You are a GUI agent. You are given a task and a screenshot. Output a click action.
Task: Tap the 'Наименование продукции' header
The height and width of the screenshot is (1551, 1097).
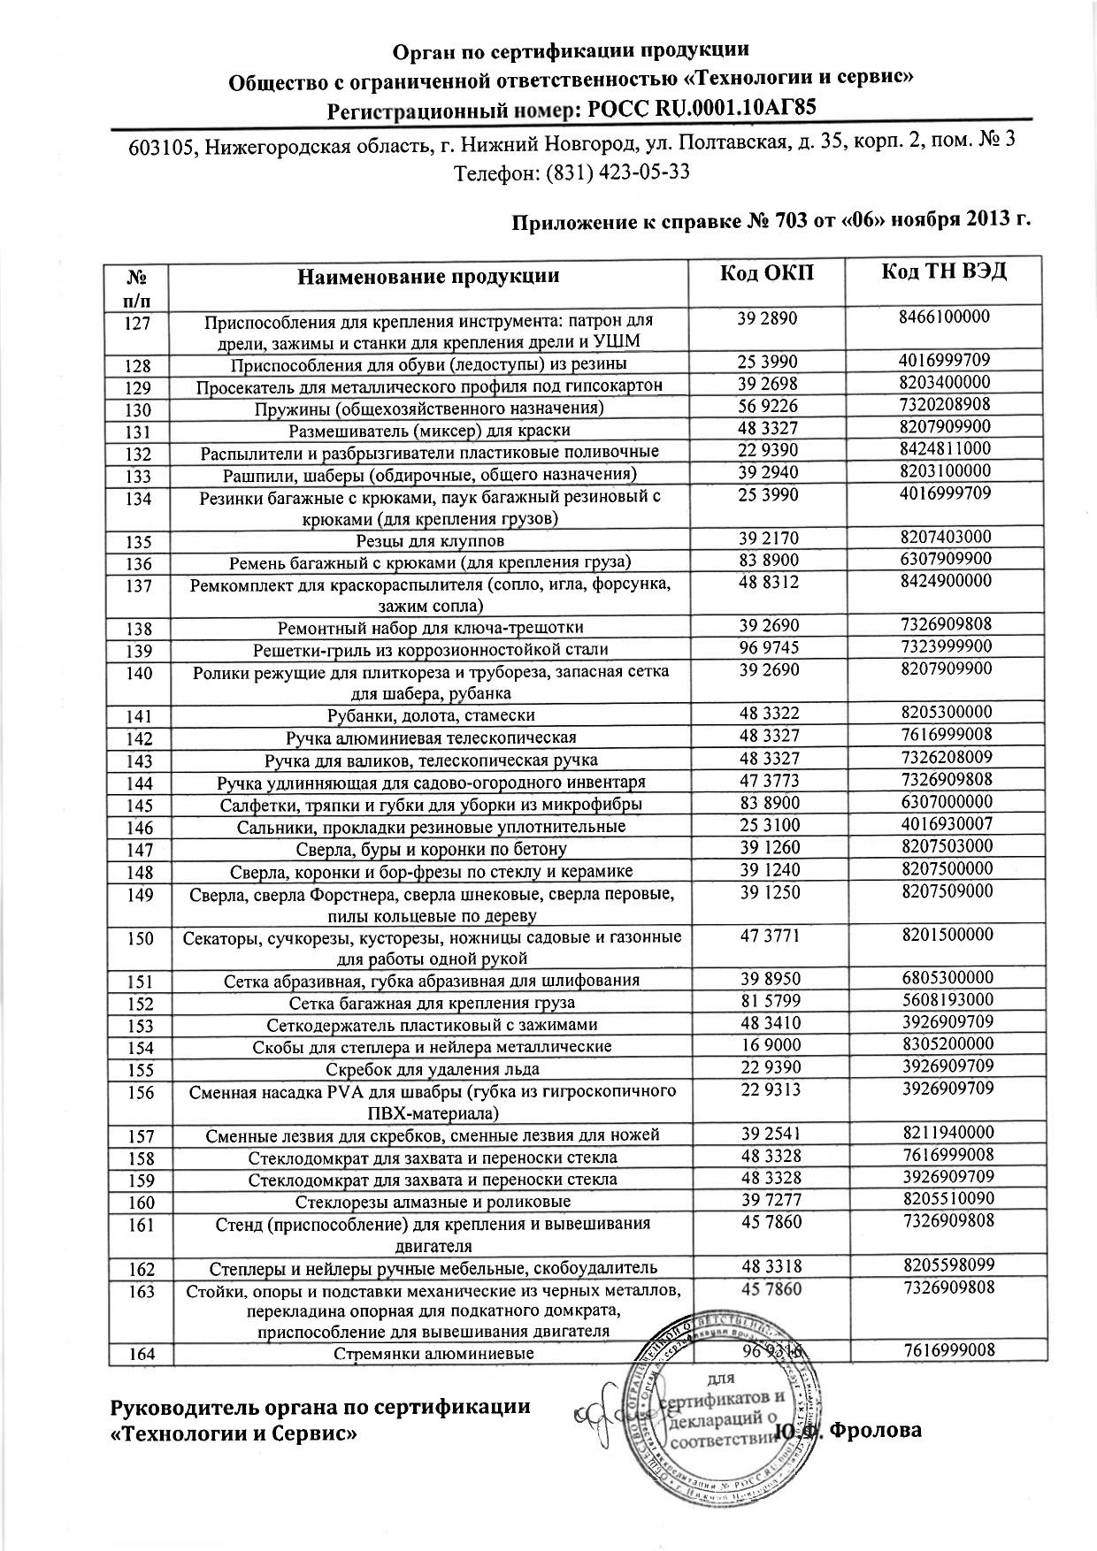click(428, 275)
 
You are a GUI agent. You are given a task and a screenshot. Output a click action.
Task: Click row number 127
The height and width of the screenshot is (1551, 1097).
click(138, 323)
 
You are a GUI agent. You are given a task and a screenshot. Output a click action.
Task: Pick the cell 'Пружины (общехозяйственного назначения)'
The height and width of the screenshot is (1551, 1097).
click(429, 409)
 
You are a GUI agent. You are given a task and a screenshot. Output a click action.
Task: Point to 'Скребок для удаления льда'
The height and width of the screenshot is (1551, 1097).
click(430, 1069)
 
